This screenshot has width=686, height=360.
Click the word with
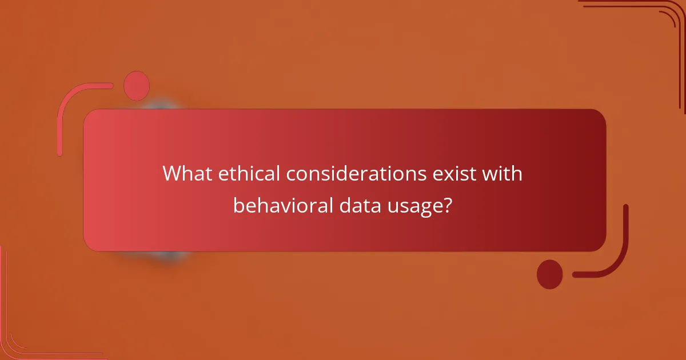pos(502,174)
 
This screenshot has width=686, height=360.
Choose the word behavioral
pos(280,205)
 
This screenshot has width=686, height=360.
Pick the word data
pos(351,205)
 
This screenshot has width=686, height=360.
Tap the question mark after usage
pos(449,205)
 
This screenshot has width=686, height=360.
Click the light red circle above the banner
pos(137,86)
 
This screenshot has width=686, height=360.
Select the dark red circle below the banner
pos(550,274)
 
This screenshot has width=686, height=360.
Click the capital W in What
pos(173,174)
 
